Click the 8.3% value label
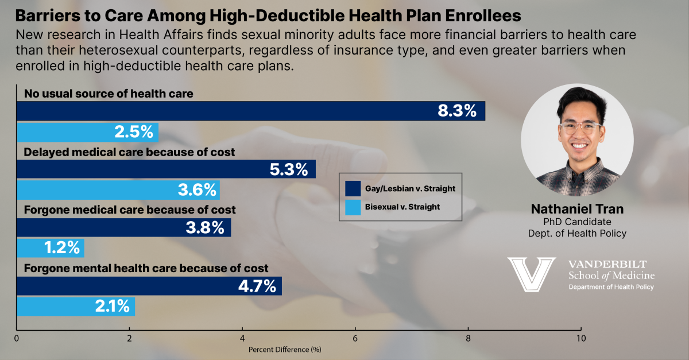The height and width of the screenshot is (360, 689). tap(457, 111)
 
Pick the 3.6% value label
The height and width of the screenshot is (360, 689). tap(196, 189)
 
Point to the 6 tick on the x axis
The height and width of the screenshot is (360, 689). tap(355, 339)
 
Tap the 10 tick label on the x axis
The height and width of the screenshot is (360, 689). tap(581, 339)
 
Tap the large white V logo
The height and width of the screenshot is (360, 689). tap(532, 273)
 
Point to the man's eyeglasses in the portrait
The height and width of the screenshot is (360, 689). tap(576, 127)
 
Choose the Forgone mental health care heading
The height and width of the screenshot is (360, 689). tap(146, 268)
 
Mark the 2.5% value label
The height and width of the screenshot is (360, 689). tap(134, 132)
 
